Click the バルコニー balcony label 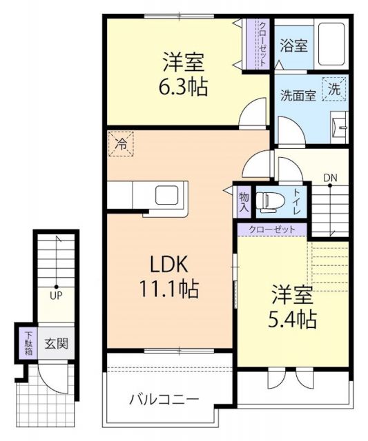click(164, 399)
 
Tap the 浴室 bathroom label click(294, 45)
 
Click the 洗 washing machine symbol click(333, 88)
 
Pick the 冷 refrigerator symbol click(121, 145)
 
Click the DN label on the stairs click(331, 178)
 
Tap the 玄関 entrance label click(57, 342)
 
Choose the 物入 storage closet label click(244, 201)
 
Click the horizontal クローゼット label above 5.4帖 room click(271, 229)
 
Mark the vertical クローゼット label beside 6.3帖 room click(263, 43)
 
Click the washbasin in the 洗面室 click(338, 125)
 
